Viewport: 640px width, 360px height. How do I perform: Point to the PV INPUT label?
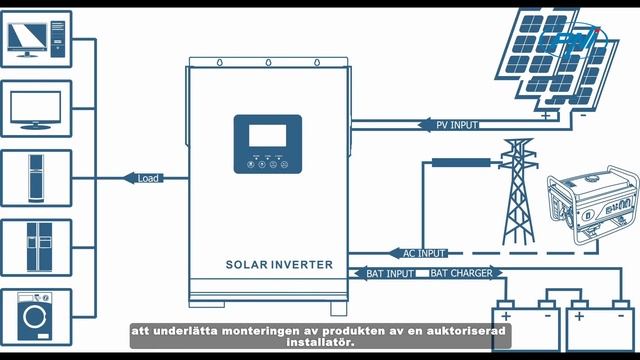point(456,125)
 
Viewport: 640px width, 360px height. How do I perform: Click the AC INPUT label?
point(423,253)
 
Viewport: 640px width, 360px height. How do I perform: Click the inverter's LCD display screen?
point(267,135)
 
